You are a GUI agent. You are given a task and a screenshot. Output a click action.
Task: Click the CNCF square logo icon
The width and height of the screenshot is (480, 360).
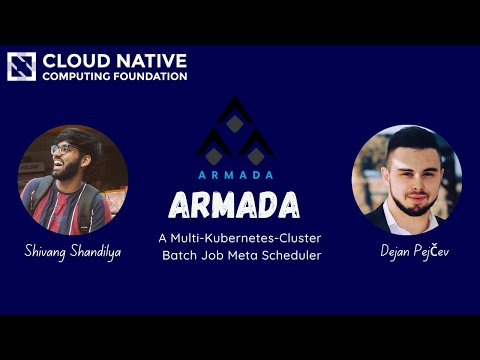click(x=22, y=66)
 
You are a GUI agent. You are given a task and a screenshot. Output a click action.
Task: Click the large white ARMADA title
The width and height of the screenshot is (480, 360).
click(x=235, y=205)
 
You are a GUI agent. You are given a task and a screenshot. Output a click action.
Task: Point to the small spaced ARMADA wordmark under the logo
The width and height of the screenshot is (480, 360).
click(x=235, y=173)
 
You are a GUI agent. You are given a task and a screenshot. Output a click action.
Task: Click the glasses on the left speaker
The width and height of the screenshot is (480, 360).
click(x=62, y=150)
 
